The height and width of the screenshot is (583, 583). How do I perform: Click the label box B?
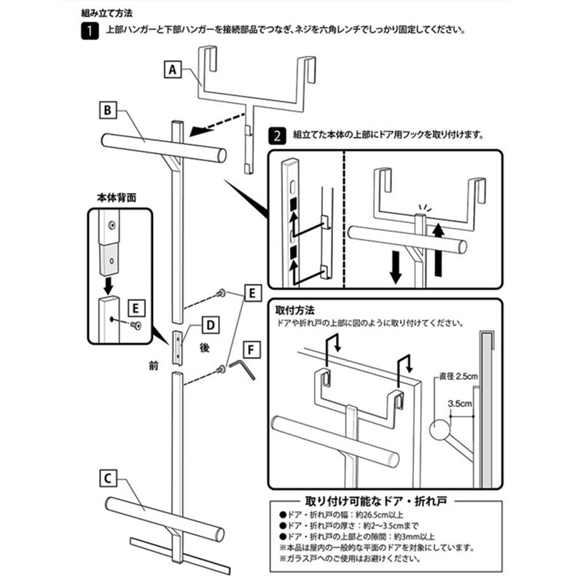click(106, 111)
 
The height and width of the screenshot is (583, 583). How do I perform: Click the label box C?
click(106, 479)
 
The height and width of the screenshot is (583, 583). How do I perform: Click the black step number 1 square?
click(88, 31)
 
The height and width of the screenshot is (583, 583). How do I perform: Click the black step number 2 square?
click(278, 135)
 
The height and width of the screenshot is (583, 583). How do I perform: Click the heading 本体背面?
click(116, 197)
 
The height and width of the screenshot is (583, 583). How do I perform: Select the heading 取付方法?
click(295, 310)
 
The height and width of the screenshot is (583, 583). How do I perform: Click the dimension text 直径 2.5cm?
click(458, 376)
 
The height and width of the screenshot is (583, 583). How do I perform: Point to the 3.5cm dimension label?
click(459, 402)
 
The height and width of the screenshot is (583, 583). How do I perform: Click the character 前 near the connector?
click(152, 367)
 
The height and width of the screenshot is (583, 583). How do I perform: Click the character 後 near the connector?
click(205, 350)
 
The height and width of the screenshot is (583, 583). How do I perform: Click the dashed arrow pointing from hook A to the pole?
click(215, 128)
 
